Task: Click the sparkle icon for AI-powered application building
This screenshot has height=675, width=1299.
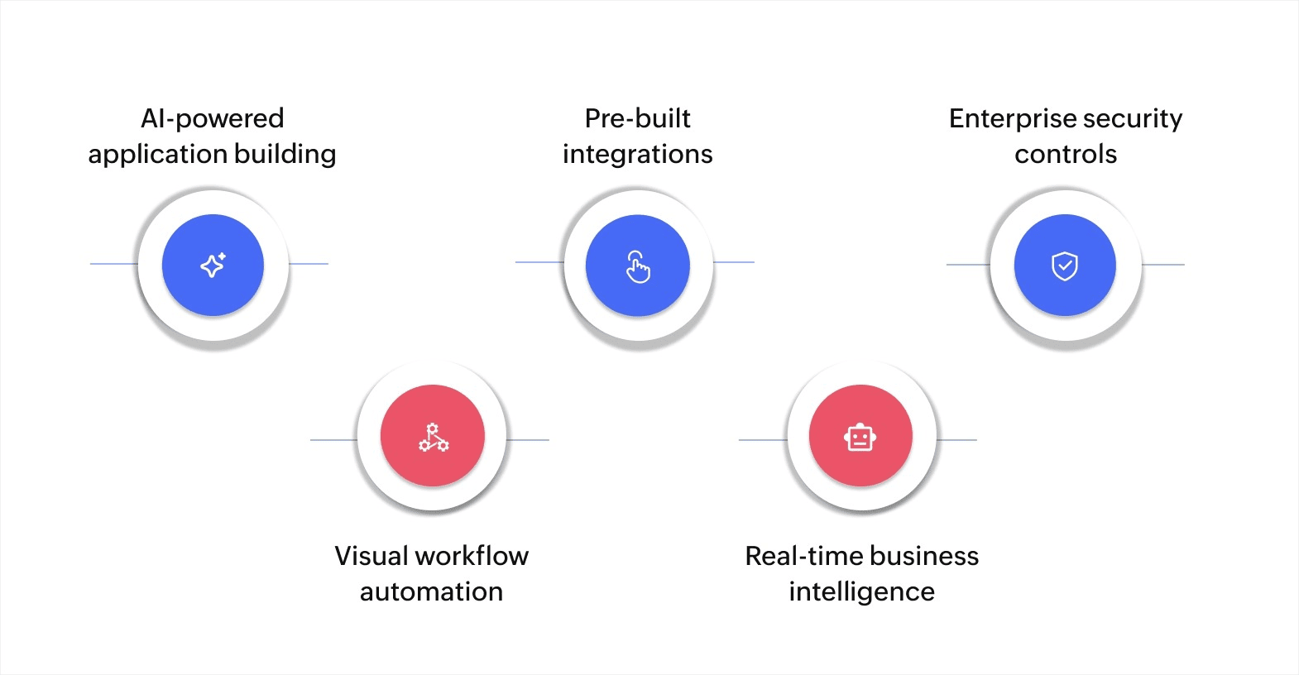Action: (x=213, y=266)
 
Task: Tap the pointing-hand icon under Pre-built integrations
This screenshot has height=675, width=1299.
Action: (x=638, y=266)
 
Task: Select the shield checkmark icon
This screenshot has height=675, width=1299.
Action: (x=1065, y=266)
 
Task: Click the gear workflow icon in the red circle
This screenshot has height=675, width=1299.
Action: (x=433, y=437)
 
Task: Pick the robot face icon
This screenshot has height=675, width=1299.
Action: (x=860, y=437)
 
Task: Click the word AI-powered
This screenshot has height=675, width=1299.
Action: (x=213, y=118)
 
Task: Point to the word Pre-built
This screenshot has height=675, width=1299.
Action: (x=637, y=118)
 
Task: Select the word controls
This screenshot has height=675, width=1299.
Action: (x=1066, y=154)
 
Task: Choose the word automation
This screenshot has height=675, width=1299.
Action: (x=431, y=591)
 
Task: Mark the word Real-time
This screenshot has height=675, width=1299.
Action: (x=803, y=556)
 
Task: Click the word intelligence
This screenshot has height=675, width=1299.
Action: (x=861, y=591)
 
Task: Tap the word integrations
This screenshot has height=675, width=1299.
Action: (x=637, y=154)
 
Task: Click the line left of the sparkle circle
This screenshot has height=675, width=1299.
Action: (x=114, y=264)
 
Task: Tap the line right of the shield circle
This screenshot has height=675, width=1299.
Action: (x=1163, y=265)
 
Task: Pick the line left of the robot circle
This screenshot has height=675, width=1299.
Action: (x=763, y=440)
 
